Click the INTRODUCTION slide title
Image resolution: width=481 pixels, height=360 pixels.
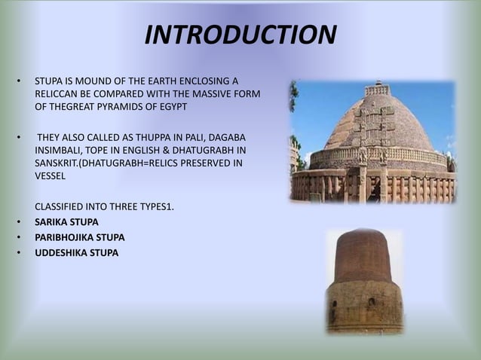(x=240, y=35)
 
